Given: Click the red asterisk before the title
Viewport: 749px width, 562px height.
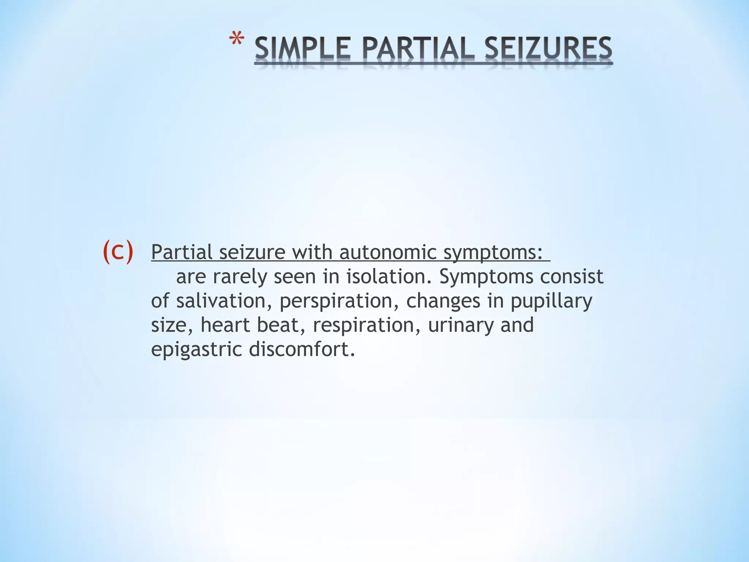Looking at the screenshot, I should (237, 40).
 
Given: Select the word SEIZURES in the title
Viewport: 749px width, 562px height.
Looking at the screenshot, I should (548, 49).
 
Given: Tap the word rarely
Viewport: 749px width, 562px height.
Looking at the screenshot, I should (240, 277).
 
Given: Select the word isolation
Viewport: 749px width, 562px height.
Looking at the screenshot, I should (389, 277).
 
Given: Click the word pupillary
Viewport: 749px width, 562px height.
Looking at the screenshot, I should (551, 301).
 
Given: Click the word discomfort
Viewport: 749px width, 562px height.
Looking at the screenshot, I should (302, 349).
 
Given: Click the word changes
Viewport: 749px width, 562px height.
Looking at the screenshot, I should (443, 301).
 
